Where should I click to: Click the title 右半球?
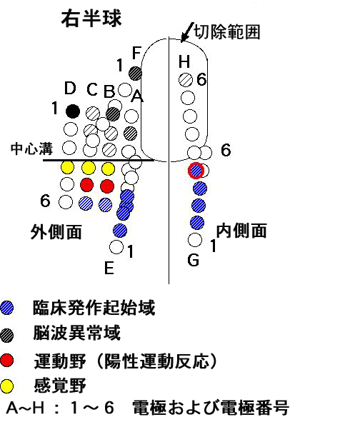[x=91, y=19]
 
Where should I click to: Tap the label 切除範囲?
[x=227, y=32]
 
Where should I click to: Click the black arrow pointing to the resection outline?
[x=187, y=32]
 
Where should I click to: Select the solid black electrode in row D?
[x=73, y=111]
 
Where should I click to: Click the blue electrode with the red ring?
[x=196, y=171]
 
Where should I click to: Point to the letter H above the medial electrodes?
[x=184, y=61]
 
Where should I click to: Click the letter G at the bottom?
[x=194, y=260]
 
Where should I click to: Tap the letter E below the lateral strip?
[x=109, y=268]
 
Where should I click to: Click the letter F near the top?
[x=136, y=52]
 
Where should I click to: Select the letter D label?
[x=70, y=88]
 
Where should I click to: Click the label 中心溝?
[x=31, y=149]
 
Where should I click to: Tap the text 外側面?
[x=56, y=232]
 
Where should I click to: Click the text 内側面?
[x=241, y=231]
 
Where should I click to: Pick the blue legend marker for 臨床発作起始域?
[x=6, y=308]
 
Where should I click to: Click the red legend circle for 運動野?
[x=6, y=360]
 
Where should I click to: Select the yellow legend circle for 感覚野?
[x=6, y=386]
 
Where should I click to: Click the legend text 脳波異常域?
[x=76, y=333]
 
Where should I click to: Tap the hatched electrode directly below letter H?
[x=186, y=80]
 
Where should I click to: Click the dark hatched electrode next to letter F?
[x=136, y=74]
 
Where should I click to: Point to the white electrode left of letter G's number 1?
[x=195, y=240]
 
